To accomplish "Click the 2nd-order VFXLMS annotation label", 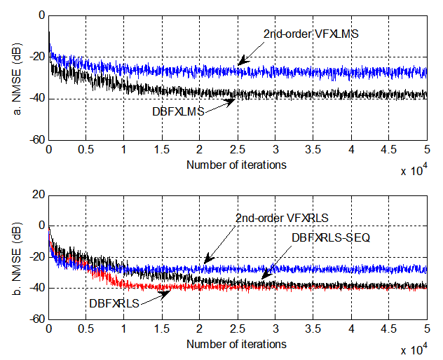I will coord(312,33).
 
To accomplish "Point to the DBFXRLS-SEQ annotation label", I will coord(329,237).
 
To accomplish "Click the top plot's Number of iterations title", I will coord(236,165).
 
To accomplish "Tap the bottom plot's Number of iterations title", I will coord(236,344).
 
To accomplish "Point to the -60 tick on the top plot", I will coord(34,140).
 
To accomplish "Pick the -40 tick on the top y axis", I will coord(34,99).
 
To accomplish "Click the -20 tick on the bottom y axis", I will coord(34,257).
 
